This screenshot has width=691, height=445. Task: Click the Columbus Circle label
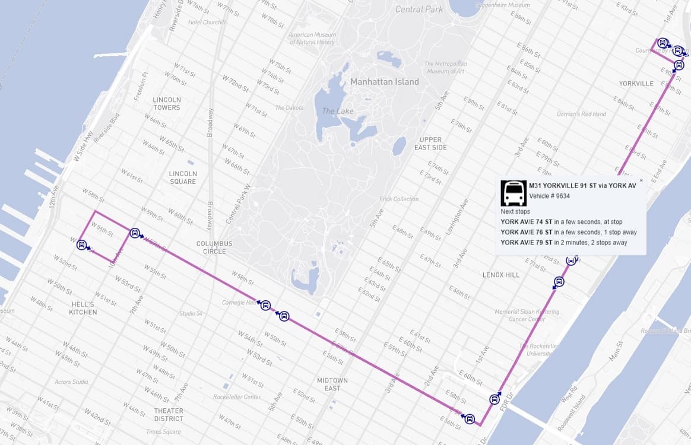click(x=214, y=247)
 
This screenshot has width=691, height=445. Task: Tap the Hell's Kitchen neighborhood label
click(x=83, y=308)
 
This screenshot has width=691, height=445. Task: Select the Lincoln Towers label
click(x=166, y=103)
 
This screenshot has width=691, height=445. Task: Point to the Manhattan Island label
click(x=384, y=82)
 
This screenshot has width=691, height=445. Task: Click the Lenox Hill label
click(x=500, y=275)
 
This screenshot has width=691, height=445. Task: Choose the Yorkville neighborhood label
click(x=636, y=84)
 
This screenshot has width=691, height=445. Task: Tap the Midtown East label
click(x=332, y=384)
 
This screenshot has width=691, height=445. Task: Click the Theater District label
click(x=169, y=414)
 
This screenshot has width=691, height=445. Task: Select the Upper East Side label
click(x=430, y=144)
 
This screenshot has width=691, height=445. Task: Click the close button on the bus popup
click(x=641, y=180)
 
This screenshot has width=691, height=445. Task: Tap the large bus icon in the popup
click(x=513, y=193)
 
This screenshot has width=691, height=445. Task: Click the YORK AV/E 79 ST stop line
click(x=563, y=242)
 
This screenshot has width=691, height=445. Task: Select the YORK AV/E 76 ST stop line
click(x=568, y=232)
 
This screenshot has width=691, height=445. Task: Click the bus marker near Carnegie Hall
click(x=265, y=305)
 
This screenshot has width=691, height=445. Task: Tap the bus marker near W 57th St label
click(x=135, y=233)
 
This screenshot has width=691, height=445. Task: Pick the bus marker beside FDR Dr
click(x=495, y=399)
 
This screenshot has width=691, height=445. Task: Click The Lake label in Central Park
click(x=337, y=111)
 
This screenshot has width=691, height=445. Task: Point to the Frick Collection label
click(x=398, y=199)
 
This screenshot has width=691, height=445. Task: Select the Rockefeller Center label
click(x=237, y=396)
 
